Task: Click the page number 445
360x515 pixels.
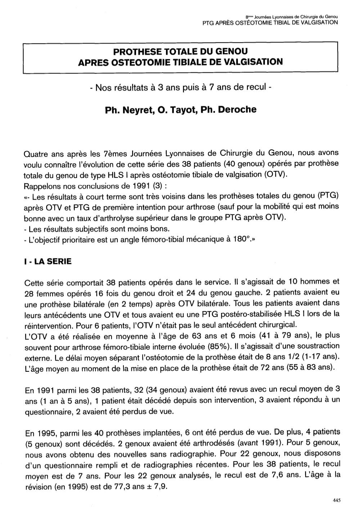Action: point(337,500)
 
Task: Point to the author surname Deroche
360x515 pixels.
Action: point(238,109)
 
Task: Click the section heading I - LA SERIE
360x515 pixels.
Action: point(47,262)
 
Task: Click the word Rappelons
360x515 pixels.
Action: point(41,186)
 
